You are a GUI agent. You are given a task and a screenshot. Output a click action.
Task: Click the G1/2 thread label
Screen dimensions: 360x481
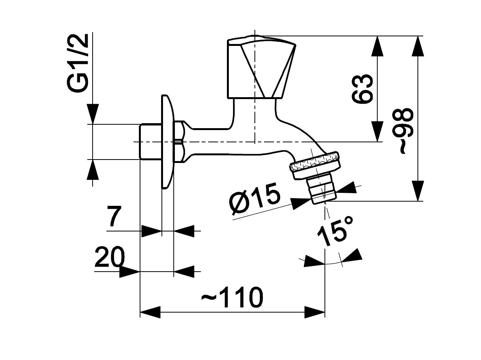point(78,63)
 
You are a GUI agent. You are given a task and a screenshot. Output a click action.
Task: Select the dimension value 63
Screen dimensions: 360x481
point(362,89)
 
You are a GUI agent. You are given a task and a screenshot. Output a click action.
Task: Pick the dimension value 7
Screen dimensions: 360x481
point(114,217)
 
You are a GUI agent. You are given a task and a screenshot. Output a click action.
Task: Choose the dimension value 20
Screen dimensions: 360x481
point(109,257)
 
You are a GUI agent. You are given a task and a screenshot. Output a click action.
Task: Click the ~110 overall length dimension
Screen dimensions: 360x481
point(232,297)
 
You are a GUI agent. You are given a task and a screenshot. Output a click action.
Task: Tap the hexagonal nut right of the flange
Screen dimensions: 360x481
point(179,142)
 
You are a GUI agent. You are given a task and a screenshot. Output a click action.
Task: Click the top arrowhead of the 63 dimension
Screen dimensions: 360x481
point(378,46)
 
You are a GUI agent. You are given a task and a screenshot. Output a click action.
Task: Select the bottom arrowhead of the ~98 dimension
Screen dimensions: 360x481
point(418,191)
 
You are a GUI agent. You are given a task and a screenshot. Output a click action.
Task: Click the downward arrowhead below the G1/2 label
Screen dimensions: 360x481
point(93,114)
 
